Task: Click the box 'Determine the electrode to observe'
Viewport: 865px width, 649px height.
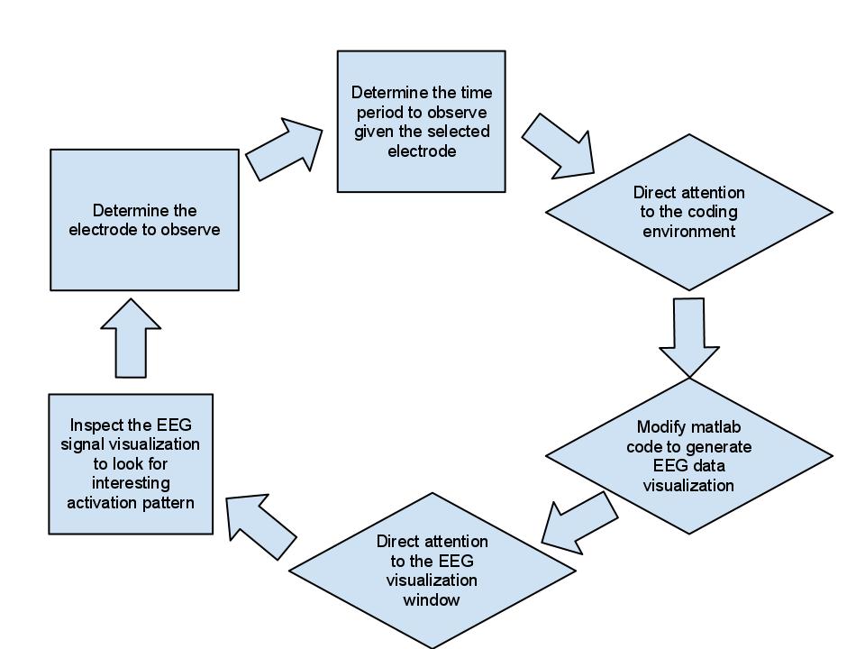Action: [144, 219]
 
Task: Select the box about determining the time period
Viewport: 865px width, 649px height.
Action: [421, 121]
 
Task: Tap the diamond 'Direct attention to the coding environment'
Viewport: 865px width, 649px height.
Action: [689, 212]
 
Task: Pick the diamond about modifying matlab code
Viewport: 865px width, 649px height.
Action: [689, 455]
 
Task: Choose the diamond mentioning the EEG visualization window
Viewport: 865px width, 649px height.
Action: [432, 571]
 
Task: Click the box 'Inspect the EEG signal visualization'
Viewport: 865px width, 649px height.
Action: [131, 463]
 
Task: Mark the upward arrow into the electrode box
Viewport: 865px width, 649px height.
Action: [132, 338]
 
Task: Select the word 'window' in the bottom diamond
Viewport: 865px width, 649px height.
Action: [432, 599]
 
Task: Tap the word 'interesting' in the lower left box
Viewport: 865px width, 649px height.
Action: [131, 483]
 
